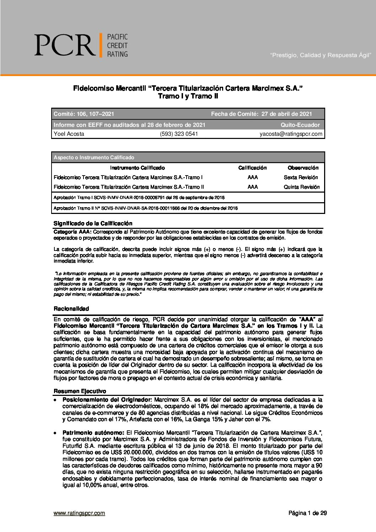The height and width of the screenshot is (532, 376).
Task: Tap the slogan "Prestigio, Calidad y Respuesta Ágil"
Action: [x=321, y=55]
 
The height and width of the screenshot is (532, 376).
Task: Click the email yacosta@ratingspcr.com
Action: [x=291, y=134]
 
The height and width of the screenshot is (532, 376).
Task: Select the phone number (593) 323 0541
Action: [x=179, y=134]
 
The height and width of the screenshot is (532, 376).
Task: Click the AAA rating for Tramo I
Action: [x=253, y=177]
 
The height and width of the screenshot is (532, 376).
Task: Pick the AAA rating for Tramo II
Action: [x=253, y=187]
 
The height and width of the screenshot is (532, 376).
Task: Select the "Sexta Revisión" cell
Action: [x=301, y=177]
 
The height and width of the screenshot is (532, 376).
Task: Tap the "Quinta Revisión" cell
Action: [x=302, y=187]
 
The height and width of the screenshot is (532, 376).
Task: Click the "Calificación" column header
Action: [x=252, y=168]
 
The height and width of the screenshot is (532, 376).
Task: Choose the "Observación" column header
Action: [x=303, y=168]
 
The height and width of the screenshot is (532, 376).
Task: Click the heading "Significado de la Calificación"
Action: [x=93, y=224]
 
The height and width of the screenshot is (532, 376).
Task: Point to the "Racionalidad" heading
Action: [x=71, y=308]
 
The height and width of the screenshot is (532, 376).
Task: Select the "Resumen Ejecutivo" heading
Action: [x=80, y=391]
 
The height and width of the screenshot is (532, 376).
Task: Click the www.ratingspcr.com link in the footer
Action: [x=79, y=513]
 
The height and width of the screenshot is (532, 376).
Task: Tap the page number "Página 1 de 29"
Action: [x=307, y=513]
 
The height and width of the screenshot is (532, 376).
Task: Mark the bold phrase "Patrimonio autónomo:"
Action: [x=93, y=432]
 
